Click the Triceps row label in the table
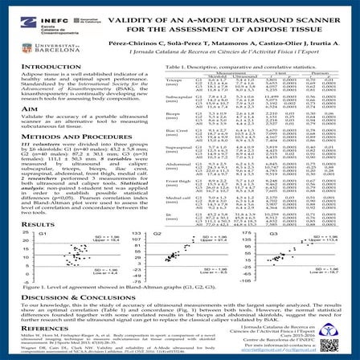(173, 81)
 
